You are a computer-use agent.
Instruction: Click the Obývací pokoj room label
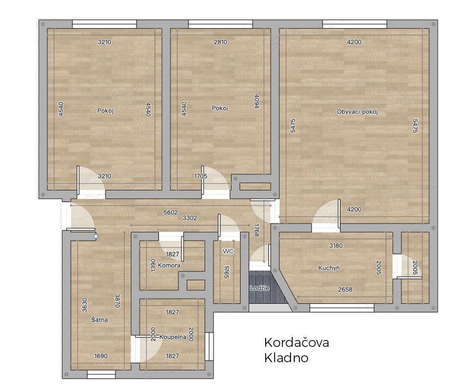click(x=357, y=112)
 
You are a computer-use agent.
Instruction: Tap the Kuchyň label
click(x=329, y=268)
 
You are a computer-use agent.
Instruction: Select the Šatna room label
click(x=99, y=320)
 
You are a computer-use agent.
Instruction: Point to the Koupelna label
click(x=173, y=337)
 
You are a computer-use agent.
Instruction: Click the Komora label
click(x=169, y=265)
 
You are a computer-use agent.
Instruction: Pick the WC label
click(x=228, y=251)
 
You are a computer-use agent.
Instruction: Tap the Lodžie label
click(x=260, y=288)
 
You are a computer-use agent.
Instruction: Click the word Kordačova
click(x=296, y=343)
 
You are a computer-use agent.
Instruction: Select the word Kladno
click(x=286, y=358)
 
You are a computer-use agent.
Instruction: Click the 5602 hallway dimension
click(x=171, y=213)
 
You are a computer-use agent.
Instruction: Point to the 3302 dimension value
click(x=190, y=218)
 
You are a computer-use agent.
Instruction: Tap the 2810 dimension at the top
click(x=221, y=42)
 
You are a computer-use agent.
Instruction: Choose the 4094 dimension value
click(x=257, y=101)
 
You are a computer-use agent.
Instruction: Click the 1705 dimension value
click(x=200, y=176)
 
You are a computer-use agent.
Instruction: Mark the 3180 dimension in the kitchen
click(x=336, y=245)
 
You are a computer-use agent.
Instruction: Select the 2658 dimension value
click(x=345, y=290)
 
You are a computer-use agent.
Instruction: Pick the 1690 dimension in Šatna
click(x=101, y=356)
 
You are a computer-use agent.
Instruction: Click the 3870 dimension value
click(x=118, y=301)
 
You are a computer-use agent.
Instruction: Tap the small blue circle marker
click(x=96, y=236)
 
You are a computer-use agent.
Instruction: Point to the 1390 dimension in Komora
click(x=153, y=265)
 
